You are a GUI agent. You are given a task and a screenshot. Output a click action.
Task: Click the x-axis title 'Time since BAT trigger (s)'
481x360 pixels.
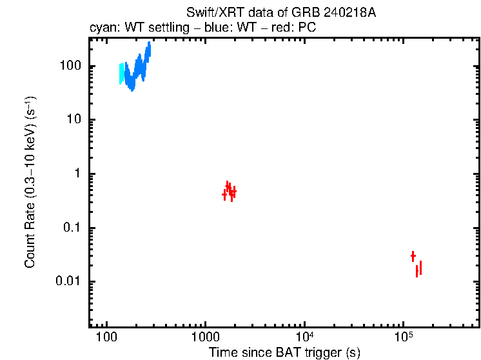pos(284,352)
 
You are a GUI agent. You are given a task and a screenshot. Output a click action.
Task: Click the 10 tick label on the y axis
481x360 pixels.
pos(74,120)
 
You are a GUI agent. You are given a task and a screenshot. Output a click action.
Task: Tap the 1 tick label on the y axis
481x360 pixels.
pos(77,174)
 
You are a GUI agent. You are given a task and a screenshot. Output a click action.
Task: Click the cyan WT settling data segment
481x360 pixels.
pos(121,73)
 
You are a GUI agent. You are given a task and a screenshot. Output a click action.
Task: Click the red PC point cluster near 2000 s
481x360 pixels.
pos(229,191)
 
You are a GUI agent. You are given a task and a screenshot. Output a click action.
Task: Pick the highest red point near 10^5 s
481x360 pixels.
pos(413,256)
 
